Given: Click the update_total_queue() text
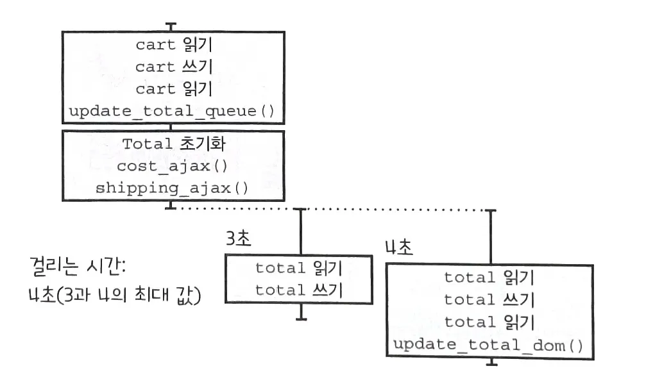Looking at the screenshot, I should [x=171, y=112].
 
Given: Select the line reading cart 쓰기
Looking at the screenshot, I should [x=173, y=67].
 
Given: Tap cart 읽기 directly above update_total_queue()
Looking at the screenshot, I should [x=173, y=89].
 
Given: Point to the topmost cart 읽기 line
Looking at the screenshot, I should [x=173, y=45].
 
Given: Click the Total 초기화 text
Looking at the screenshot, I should [x=173, y=144].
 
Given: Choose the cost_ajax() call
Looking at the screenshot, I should [x=173, y=166].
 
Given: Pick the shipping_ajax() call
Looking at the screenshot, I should [x=173, y=188].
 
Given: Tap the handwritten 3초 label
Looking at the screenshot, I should [x=238, y=238].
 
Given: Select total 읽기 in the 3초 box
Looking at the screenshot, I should [x=299, y=268].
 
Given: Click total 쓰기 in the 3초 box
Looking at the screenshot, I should [x=299, y=290].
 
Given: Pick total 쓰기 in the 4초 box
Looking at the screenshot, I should [x=489, y=299].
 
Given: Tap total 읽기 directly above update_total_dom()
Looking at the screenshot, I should [x=489, y=322].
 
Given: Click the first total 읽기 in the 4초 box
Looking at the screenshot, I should [x=489, y=278].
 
